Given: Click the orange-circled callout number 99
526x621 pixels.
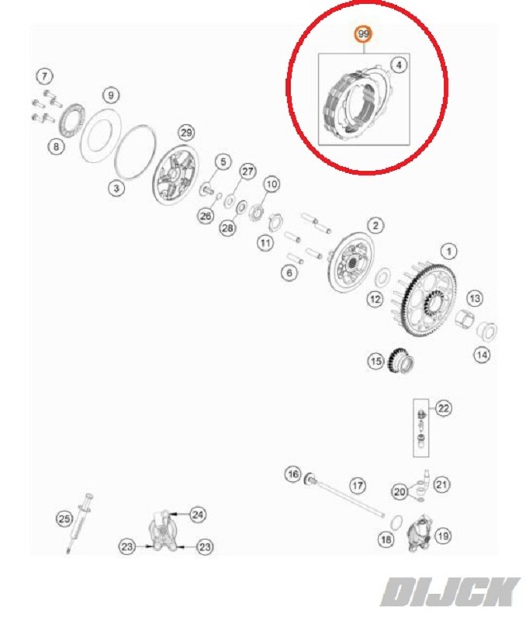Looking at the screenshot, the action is tap(363, 34).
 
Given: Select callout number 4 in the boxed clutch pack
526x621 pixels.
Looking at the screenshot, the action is tap(399, 64).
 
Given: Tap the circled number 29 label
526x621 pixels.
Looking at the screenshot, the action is tap(186, 133).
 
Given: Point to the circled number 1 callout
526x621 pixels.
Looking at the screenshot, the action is tap(448, 251).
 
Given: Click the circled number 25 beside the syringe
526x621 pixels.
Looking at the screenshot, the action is tap(64, 519).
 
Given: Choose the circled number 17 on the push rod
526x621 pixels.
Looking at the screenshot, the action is tap(358, 486).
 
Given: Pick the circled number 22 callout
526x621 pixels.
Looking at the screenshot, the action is tap(444, 408).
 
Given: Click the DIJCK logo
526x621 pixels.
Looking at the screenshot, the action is tap(450, 592).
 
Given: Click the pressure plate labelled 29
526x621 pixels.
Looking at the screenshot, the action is tap(175, 175).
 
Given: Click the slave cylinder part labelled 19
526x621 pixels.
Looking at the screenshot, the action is tap(420, 533).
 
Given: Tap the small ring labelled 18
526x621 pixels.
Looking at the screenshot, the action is tap(396, 522).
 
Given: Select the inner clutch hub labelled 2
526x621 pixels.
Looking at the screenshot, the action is tap(350, 262).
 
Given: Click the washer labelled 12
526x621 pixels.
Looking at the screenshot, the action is tap(382, 277).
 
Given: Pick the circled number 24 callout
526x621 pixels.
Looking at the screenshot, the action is tap(197, 515).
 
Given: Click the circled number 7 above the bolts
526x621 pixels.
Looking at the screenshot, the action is tap(44, 76).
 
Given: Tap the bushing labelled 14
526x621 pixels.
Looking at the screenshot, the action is tap(486, 332).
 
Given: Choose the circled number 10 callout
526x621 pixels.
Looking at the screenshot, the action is tap(271, 184).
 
